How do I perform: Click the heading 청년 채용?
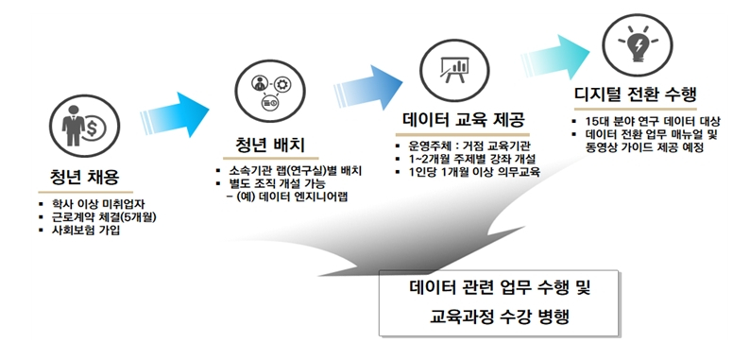click(x=86, y=177)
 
